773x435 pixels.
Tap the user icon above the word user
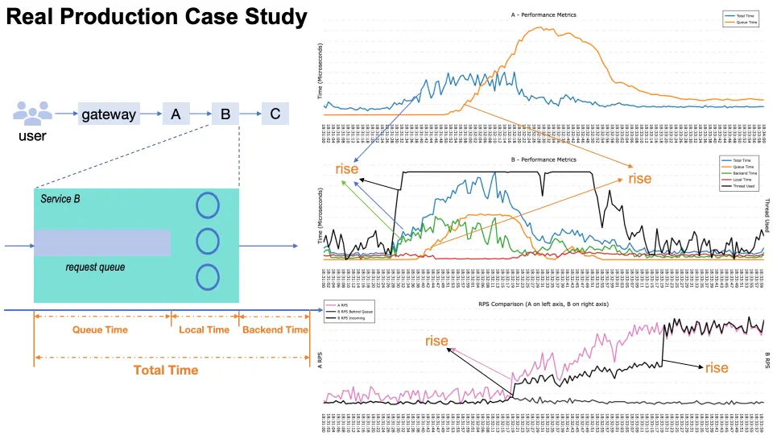tap(32, 112)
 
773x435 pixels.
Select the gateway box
tap(109, 114)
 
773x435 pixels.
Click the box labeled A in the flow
tap(176, 114)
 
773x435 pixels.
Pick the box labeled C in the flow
tap(275, 114)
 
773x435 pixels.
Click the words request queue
tap(95, 267)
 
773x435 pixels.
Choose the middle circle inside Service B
tap(208, 241)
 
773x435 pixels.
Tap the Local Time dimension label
tap(205, 329)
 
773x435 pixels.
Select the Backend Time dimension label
tap(275, 329)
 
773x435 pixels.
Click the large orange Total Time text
tap(166, 370)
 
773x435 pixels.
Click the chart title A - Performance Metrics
tap(544, 15)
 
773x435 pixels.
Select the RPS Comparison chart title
tap(544, 305)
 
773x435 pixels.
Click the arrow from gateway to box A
tap(150, 114)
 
